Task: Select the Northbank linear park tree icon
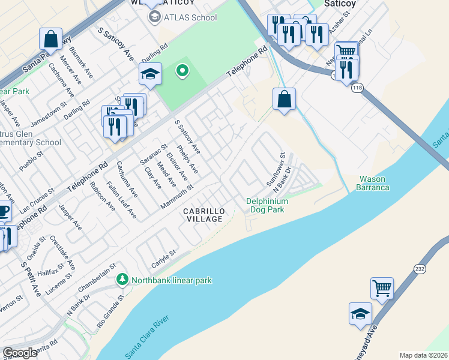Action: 122,280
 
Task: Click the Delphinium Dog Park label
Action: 267,205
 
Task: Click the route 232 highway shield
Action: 420,268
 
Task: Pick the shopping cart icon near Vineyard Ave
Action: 382,289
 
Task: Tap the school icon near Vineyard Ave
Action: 360,314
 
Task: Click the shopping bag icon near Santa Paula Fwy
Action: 51,39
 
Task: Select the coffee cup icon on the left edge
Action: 4,212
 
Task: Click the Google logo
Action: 20,353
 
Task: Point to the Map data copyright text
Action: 423,355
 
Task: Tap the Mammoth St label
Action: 177,197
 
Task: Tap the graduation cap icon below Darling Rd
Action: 149,74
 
